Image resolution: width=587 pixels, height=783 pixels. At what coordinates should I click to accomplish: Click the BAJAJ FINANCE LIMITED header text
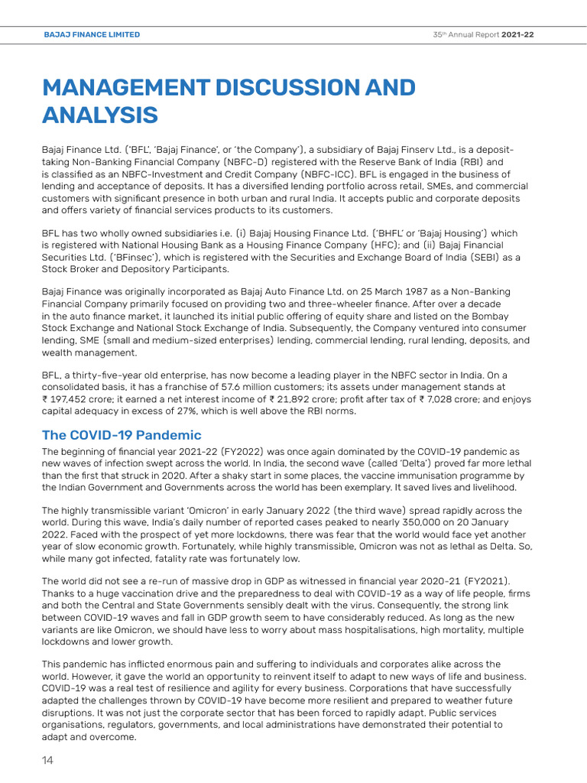tap(92, 34)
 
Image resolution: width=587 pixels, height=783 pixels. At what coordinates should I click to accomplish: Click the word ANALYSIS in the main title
tap(99, 115)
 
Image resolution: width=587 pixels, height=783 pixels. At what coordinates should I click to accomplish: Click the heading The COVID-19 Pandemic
tap(122, 435)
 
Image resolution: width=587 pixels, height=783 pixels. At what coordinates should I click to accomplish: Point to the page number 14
tap(47, 761)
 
